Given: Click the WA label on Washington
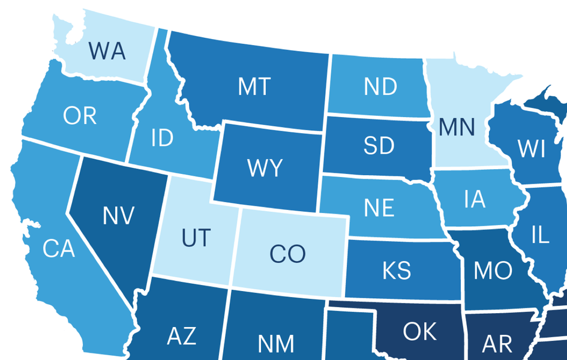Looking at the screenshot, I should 107,51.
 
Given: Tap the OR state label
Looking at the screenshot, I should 80,116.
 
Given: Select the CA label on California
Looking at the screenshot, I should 59,248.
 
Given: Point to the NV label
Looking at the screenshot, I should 118,215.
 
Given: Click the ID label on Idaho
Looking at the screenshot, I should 162,139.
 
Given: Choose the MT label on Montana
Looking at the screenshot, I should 254,87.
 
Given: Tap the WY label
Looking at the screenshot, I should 265,168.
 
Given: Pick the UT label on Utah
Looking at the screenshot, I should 196,238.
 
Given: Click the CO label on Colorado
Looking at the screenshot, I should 287,254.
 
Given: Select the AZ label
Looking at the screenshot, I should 181,335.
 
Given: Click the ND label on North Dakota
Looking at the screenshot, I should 380,87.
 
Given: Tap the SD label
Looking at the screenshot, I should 379,146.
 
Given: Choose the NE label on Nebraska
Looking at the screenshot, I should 379,208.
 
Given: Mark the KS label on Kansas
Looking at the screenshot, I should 397,271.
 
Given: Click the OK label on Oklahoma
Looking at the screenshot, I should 420,331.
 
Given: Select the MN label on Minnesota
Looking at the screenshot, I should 457,127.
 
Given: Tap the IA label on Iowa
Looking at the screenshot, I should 474,199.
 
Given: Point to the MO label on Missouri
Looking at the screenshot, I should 493,271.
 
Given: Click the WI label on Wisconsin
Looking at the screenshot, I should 532,149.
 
